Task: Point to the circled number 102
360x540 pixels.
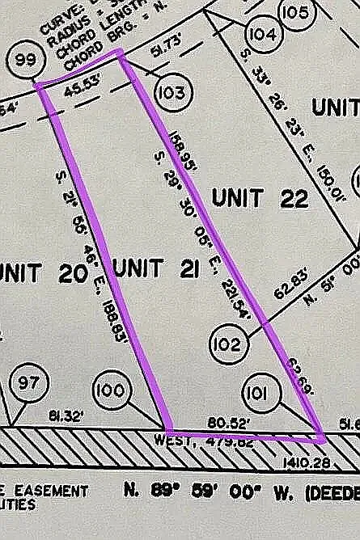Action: click(230, 345)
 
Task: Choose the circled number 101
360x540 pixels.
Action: click(260, 393)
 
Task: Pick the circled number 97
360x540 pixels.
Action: click(28, 383)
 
